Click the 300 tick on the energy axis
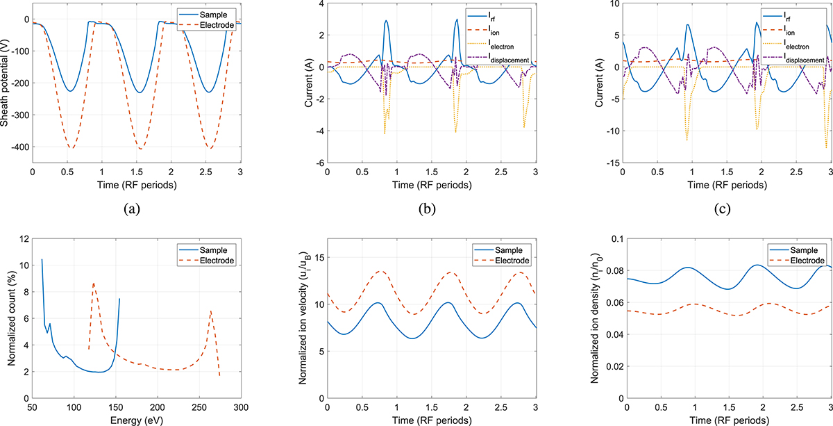[x=240, y=408]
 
